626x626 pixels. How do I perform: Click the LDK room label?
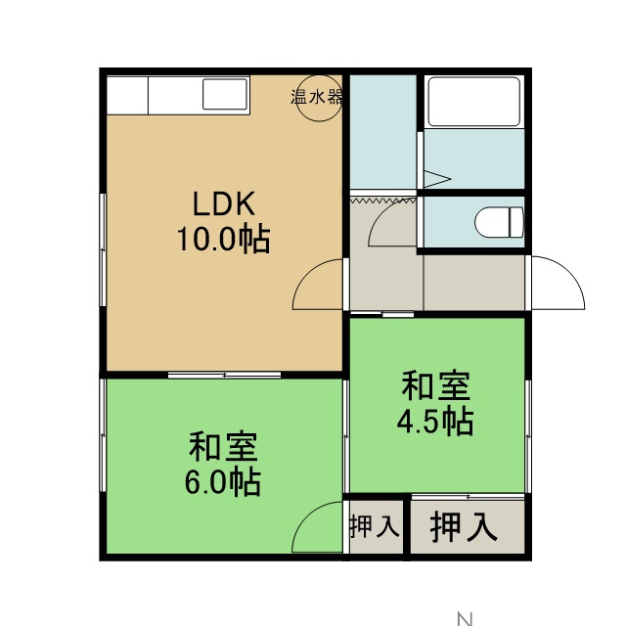224,204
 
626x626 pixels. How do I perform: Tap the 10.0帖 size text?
223,239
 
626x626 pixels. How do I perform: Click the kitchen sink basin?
225,94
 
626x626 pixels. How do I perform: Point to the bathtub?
473,102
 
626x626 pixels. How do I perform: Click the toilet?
499,222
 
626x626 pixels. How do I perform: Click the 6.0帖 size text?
222,482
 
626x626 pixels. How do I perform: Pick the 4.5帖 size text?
435,421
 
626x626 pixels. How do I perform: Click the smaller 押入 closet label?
375,526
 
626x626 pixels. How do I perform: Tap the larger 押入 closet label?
464,526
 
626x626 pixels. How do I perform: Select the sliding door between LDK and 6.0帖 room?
224,375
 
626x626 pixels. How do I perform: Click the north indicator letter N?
465,619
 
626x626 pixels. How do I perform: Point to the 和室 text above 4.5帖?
435,385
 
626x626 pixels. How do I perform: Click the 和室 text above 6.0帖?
223,446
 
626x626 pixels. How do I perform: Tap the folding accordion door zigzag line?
382,201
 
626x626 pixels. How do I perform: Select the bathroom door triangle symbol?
437,179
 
